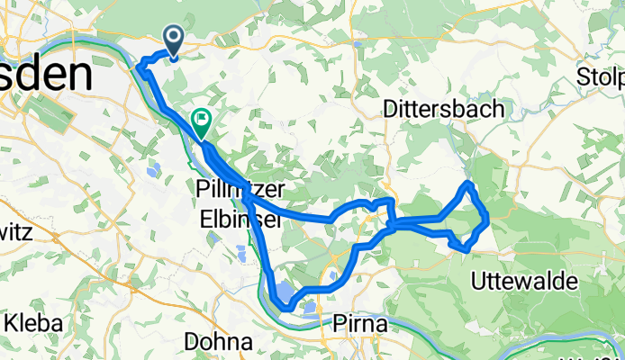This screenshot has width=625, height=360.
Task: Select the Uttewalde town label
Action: coord(525,282)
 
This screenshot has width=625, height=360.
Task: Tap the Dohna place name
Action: coord(217,341)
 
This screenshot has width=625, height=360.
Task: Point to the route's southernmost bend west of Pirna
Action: coord(285,308)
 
